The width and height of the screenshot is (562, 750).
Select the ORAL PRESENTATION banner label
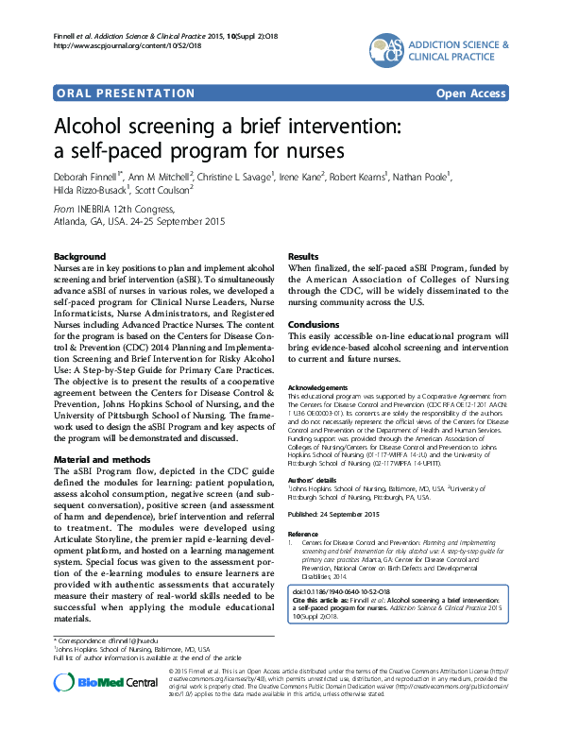pos(112,93)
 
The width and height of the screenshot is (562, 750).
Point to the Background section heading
pos(79,257)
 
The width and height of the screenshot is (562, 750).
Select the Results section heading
pos(302,257)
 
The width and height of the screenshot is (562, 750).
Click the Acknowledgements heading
pos(323,388)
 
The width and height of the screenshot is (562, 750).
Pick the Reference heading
pos(303,533)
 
